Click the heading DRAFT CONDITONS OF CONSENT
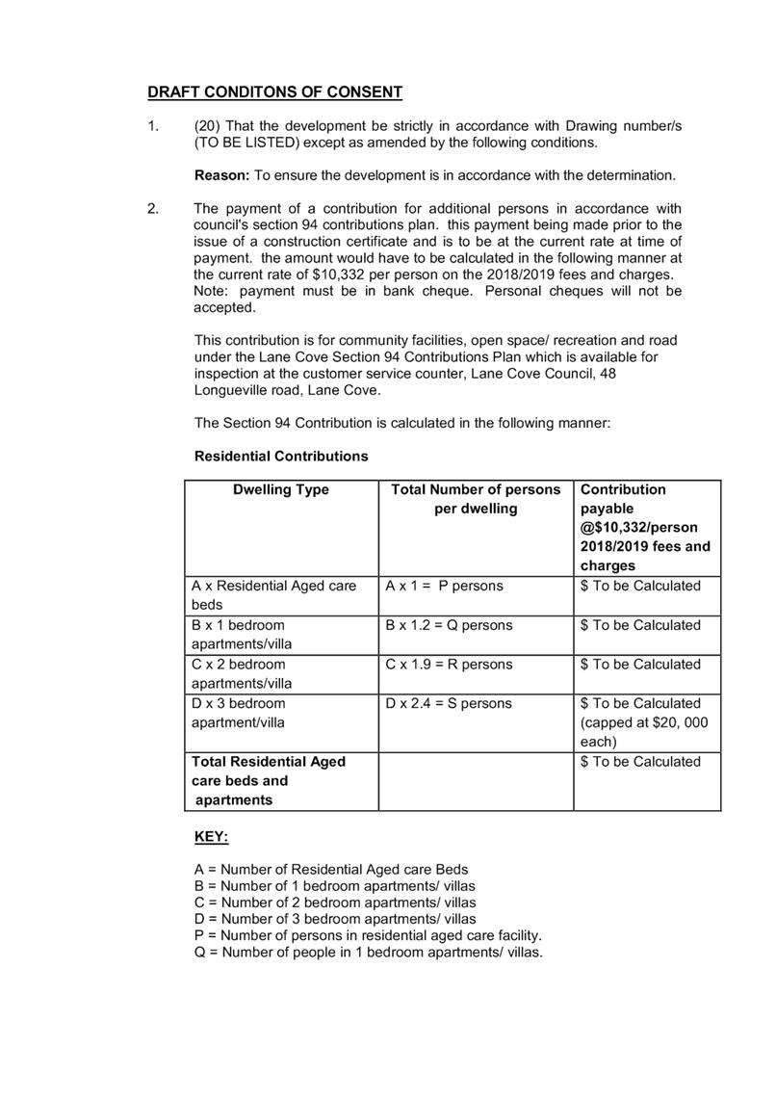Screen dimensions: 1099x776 pyautogui.click(x=274, y=92)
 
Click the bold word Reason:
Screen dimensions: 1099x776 pyautogui.click(x=223, y=175)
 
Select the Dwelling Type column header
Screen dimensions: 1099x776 pyautogui.click(x=281, y=490)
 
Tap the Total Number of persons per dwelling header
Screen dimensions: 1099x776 pyautogui.click(x=476, y=499)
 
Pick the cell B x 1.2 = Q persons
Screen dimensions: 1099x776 pyautogui.click(x=449, y=626)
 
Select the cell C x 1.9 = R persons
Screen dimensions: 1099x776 pyautogui.click(x=449, y=665)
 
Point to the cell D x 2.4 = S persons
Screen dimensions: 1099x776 pyautogui.click(x=449, y=704)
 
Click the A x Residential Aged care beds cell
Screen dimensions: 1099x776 pyautogui.click(x=273, y=595)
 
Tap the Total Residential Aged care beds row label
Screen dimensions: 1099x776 pyautogui.click(x=269, y=781)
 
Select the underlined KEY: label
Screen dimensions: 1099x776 pyautogui.click(x=212, y=838)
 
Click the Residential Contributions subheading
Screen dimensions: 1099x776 pyautogui.click(x=281, y=457)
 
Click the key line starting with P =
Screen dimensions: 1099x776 pyautogui.click(x=369, y=935)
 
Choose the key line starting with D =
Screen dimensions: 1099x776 pyautogui.click(x=335, y=919)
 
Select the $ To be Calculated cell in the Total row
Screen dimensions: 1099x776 pyautogui.click(x=640, y=763)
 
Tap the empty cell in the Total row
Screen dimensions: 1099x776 pyautogui.click(x=476, y=781)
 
